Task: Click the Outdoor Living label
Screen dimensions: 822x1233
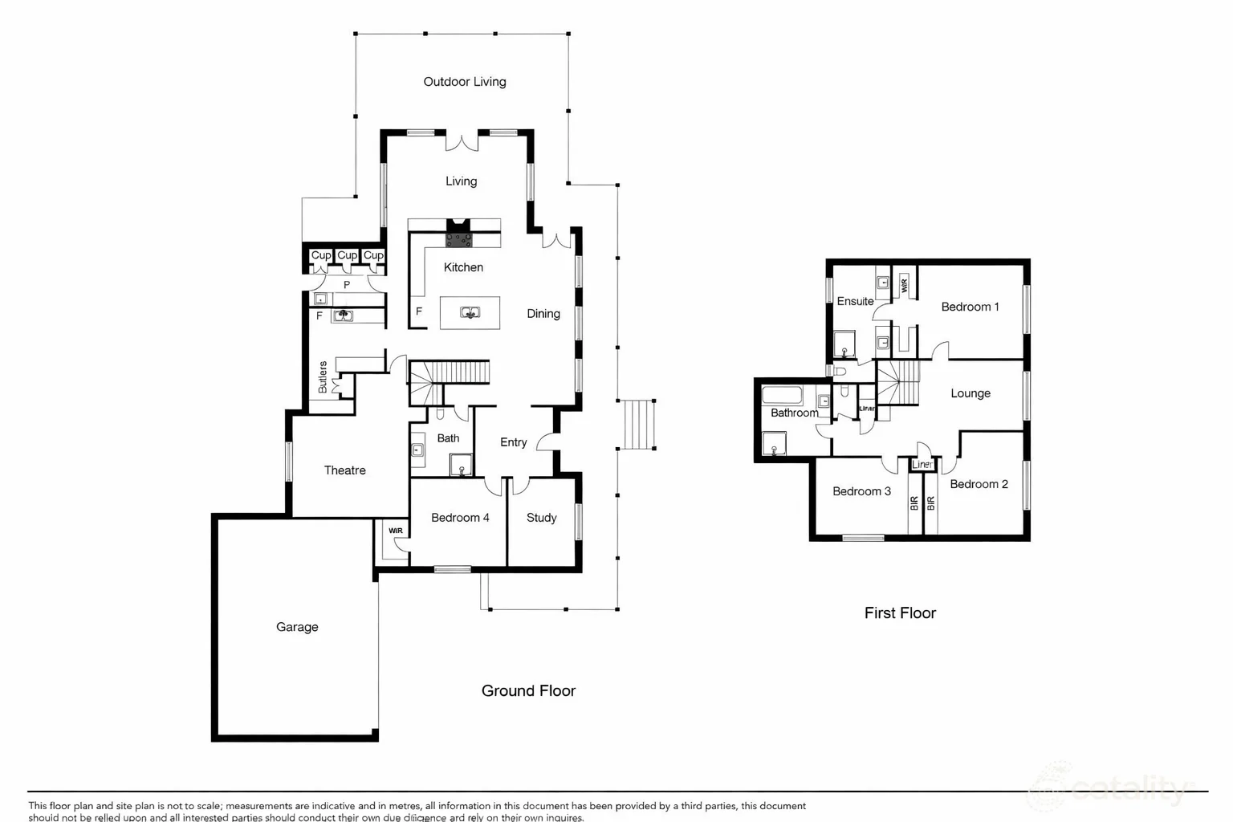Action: (x=464, y=81)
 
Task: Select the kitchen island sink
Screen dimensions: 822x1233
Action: (x=470, y=312)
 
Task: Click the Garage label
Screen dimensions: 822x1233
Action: (x=297, y=627)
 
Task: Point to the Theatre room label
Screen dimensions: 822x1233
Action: (x=344, y=470)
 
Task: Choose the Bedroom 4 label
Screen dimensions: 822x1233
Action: (x=460, y=518)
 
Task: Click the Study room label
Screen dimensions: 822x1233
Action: (x=541, y=518)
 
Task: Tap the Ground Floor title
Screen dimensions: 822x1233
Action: (x=528, y=690)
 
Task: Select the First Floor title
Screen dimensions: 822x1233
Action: (x=900, y=612)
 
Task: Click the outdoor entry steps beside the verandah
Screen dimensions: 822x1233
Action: (x=639, y=425)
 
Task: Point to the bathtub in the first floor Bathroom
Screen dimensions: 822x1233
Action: (x=782, y=395)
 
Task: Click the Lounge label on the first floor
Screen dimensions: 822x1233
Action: (x=971, y=393)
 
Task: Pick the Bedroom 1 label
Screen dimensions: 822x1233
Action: (x=970, y=307)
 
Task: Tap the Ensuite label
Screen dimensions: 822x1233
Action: (x=855, y=301)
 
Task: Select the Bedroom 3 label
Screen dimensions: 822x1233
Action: (x=861, y=491)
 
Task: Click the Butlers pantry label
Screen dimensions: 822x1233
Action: (x=323, y=376)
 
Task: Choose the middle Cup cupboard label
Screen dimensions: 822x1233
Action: (x=347, y=255)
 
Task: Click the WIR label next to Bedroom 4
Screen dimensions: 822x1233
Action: (x=396, y=531)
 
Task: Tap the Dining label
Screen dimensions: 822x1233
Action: (x=543, y=314)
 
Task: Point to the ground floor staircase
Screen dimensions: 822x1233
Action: (x=450, y=373)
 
